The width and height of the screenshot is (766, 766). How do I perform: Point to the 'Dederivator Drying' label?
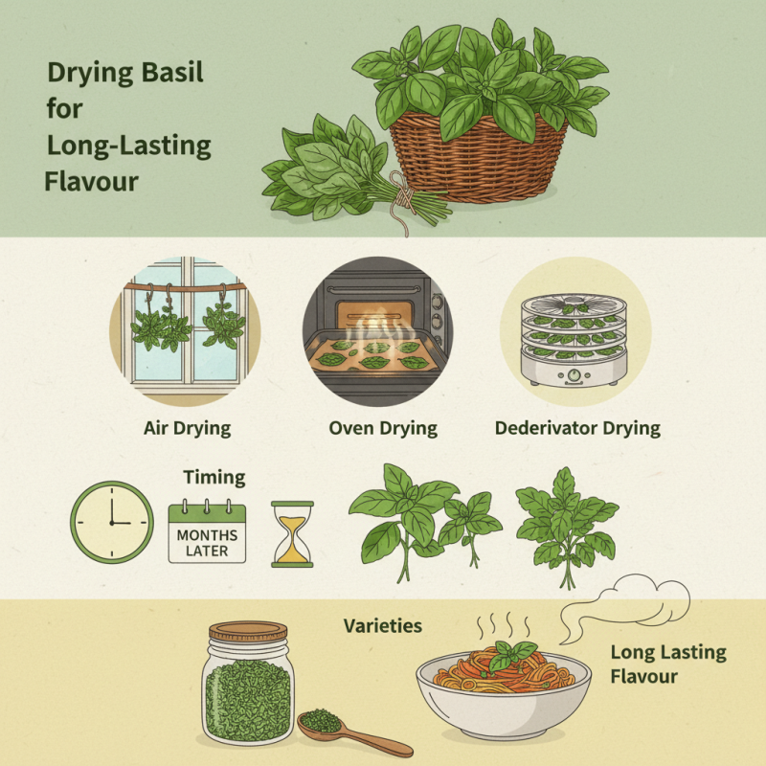pyautogui.click(x=577, y=427)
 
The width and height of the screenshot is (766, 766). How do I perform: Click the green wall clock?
pyautogui.click(x=111, y=522)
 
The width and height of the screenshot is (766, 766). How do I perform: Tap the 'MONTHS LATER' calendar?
pyautogui.click(x=207, y=530)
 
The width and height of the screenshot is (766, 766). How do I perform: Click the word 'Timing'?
pyautogui.click(x=214, y=477)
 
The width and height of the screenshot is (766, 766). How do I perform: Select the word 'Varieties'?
pyautogui.click(x=383, y=627)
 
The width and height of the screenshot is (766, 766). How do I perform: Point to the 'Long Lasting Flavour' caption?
pyautogui.click(x=667, y=665)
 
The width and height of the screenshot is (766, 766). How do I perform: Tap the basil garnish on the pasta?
pyautogui.click(x=511, y=656)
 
